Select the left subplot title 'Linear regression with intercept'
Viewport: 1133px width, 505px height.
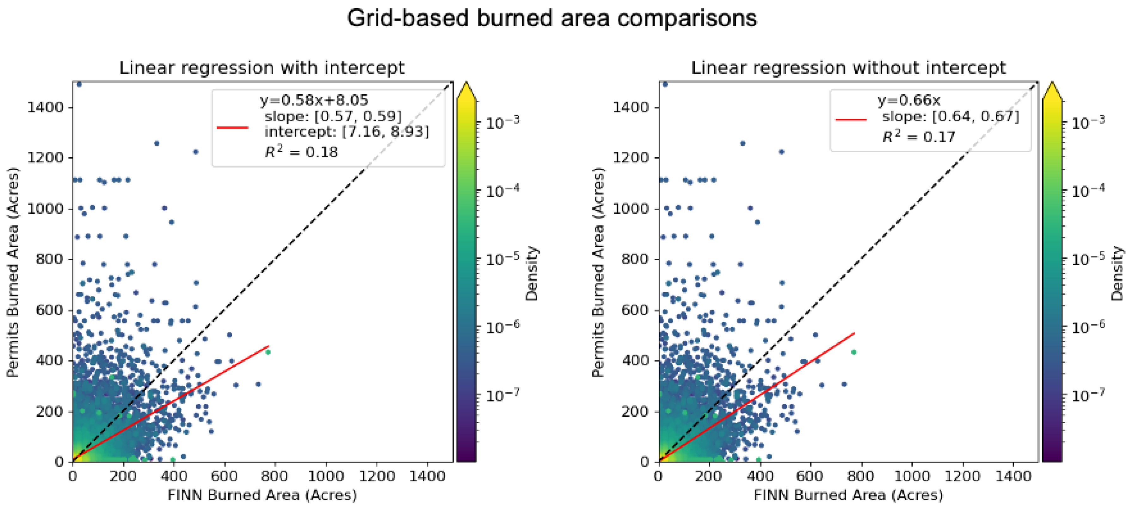tap(262, 68)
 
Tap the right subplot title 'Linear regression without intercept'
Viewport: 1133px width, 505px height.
tap(848, 68)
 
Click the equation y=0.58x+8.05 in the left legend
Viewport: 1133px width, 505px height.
tap(314, 100)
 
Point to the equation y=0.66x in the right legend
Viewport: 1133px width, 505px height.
tap(909, 100)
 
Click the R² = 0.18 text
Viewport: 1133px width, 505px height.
tap(301, 152)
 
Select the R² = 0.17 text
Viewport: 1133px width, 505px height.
tap(919, 137)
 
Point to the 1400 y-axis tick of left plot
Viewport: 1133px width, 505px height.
tap(45, 107)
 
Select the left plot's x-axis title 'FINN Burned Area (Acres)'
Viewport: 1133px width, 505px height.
tap(262, 495)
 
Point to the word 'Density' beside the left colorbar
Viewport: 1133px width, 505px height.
tap(532, 273)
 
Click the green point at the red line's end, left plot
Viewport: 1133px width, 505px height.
tap(268, 352)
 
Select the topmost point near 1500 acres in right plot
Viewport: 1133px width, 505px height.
tap(665, 84)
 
